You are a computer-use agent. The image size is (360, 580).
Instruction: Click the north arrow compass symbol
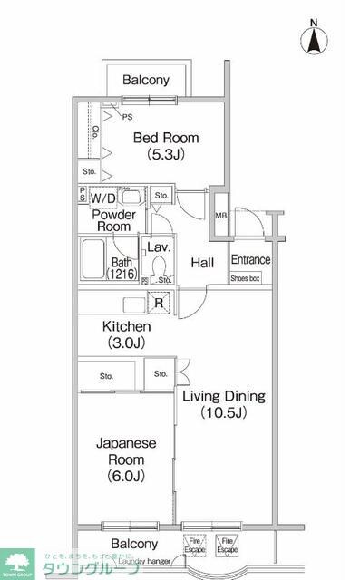[x=315, y=38]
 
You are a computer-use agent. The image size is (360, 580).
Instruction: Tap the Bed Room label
[x=166, y=138]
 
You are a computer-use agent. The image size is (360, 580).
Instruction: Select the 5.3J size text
[x=167, y=154]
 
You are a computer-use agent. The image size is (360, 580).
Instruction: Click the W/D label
[x=102, y=197]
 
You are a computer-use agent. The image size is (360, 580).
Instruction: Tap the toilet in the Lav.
[x=160, y=266]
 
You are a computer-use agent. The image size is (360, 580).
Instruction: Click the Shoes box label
[x=245, y=278]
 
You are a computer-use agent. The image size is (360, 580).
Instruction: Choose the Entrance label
[x=250, y=260]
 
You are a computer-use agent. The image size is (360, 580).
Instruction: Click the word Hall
[x=202, y=263]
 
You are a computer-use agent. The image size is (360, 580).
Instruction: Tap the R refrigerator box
[x=159, y=304]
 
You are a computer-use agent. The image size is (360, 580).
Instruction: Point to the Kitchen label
[x=126, y=325]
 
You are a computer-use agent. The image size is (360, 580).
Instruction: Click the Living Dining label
[x=223, y=396]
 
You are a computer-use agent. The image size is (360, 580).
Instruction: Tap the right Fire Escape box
[x=227, y=546]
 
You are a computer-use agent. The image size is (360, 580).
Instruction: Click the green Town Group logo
[x=15, y=563]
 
